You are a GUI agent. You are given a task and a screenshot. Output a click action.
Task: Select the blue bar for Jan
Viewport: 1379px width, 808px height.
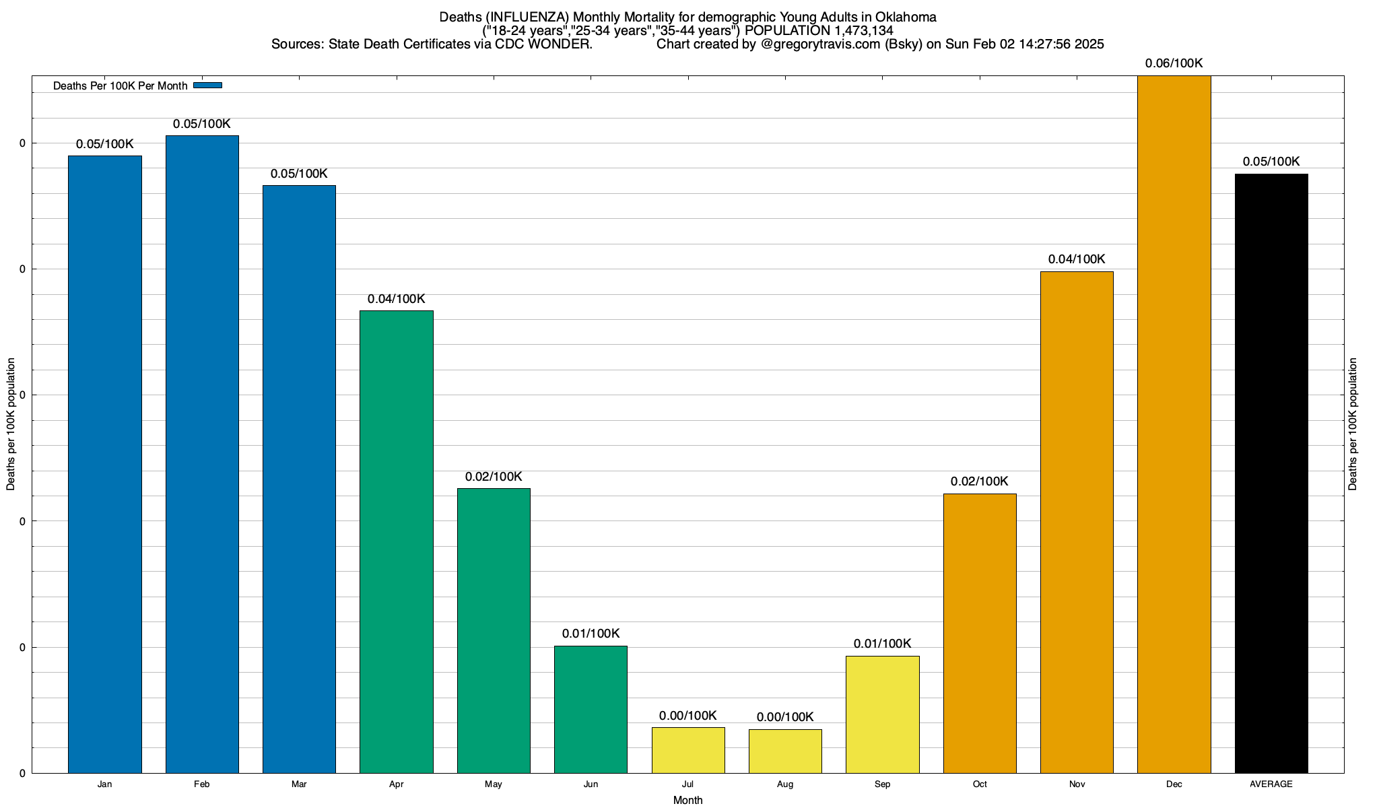pyautogui.click(x=105, y=465)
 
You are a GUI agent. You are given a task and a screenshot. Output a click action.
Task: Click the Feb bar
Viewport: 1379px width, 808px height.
pyautogui.click(x=202, y=454)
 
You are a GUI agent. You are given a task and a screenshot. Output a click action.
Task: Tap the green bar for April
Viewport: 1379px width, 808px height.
pyautogui.click(x=397, y=542)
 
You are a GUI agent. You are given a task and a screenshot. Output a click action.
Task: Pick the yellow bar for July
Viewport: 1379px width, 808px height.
pyautogui.click(x=688, y=750)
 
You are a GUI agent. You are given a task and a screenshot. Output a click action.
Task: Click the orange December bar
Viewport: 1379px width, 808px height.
pyautogui.click(x=1174, y=424)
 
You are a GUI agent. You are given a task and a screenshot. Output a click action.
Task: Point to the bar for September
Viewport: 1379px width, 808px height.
pyautogui.click(x=882, y=714)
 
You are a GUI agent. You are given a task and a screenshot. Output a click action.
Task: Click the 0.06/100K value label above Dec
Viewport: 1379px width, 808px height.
pyautogui.click(x=1174, y=64)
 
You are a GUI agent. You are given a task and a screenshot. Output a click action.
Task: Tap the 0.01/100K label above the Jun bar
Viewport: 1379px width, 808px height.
pyautogui.click(x=591, y=634)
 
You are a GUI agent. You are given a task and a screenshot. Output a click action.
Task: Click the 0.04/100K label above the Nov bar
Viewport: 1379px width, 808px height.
pyautogui.click(x=1077, y=259)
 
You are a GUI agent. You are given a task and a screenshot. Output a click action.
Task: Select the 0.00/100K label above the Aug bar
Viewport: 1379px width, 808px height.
pyautogui.click(x=785, y=717)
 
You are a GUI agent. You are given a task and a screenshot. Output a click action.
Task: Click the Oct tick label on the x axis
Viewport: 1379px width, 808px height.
pyautogui.click(x=980, y=784)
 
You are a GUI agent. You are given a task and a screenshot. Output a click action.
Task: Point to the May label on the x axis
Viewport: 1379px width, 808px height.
pyautogui.click(x=494, y=784)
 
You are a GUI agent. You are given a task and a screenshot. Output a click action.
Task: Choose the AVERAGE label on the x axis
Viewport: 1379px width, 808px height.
pyautogui.click(x=1271, y=784)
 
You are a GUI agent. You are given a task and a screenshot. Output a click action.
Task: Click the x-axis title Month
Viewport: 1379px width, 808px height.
pyautogui.click(x=687, y=801)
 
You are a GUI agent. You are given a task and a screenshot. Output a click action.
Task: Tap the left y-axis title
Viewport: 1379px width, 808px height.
pyautogui.click(x=11, y=424)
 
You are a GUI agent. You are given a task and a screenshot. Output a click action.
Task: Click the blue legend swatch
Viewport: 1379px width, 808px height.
pyautogui.click(x=207, y=86)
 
